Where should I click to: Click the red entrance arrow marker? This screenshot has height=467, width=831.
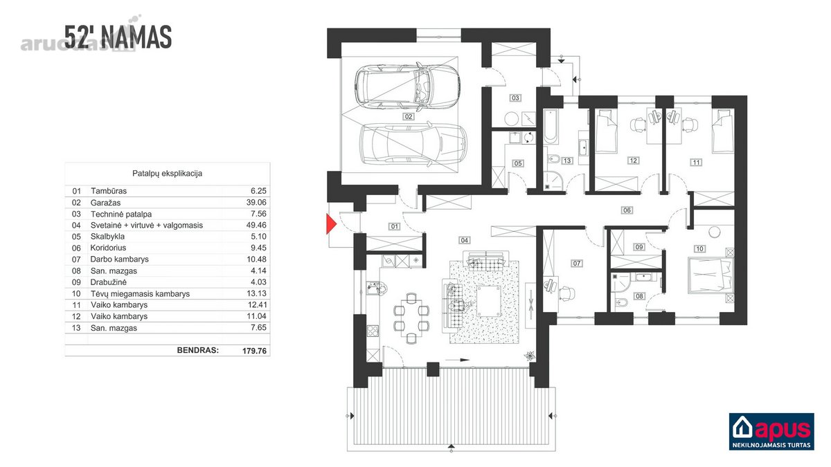(x=331, y=224)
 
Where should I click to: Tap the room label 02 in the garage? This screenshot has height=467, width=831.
(x=409, y=116)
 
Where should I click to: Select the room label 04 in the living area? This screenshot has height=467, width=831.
(x=465, y=240)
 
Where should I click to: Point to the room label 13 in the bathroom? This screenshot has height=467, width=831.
(x=567, y=161)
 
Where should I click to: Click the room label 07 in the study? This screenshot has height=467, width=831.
(x=576, y=264)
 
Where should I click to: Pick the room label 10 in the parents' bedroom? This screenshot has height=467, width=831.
(x=699, y=248)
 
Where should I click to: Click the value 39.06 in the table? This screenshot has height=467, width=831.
(x=256, y=202)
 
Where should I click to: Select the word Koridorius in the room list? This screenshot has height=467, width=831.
(x=108, y=248)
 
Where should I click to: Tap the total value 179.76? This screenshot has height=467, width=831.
(x=255, y=351)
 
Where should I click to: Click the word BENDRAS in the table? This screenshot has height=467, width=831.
(x=198, y=350)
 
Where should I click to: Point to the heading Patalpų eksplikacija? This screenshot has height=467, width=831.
(x=168, y=174)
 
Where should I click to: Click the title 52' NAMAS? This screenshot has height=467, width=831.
(x=118, y=37)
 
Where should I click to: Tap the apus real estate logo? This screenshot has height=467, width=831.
(x=771, y=432)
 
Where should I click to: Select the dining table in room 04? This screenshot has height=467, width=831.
(x=411, y=318)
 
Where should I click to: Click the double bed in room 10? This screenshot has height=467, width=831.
(x=711, y=276)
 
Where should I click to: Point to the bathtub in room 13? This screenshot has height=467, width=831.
(x=551, y=127)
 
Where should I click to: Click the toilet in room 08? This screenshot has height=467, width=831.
(x=620, y=303)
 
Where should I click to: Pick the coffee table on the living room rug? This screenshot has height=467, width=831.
(x=489, y=301)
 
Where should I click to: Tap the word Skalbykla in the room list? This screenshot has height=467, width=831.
(x=107, y=237)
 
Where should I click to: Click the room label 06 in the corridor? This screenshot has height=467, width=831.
(x=627, y=210)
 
